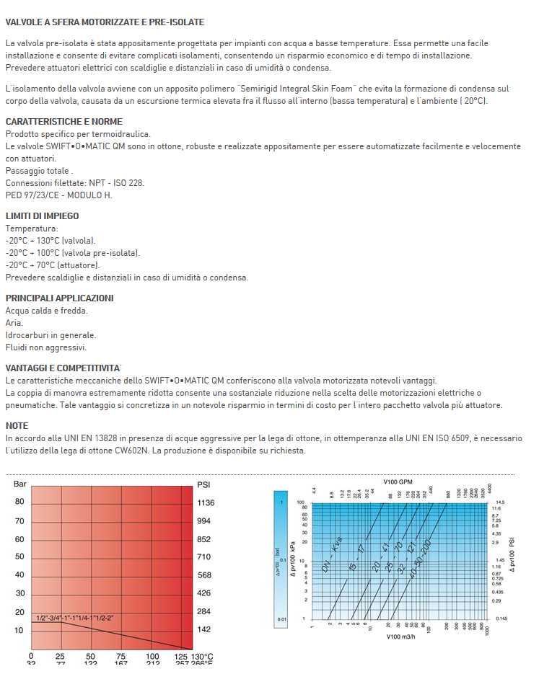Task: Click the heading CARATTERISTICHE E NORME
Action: [x=64, y=121]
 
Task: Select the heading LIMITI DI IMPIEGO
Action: [x=42, y=216]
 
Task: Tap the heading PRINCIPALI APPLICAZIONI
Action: [x=59, y=298]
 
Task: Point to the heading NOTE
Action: [x=17, y=426]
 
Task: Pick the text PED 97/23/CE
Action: [x=32, y=195]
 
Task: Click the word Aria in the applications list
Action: [x=14, y=323]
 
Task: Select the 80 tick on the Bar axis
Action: [x=19, y=502]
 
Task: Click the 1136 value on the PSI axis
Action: [x=206, y=502]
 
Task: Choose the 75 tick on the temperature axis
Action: [x=121, y=657]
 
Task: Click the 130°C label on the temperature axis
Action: [x=201, y=657]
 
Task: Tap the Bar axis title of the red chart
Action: [x=20, y=484]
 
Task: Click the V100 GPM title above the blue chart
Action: [x=398, y=481]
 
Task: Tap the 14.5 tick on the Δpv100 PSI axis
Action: [x=501, y=502]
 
